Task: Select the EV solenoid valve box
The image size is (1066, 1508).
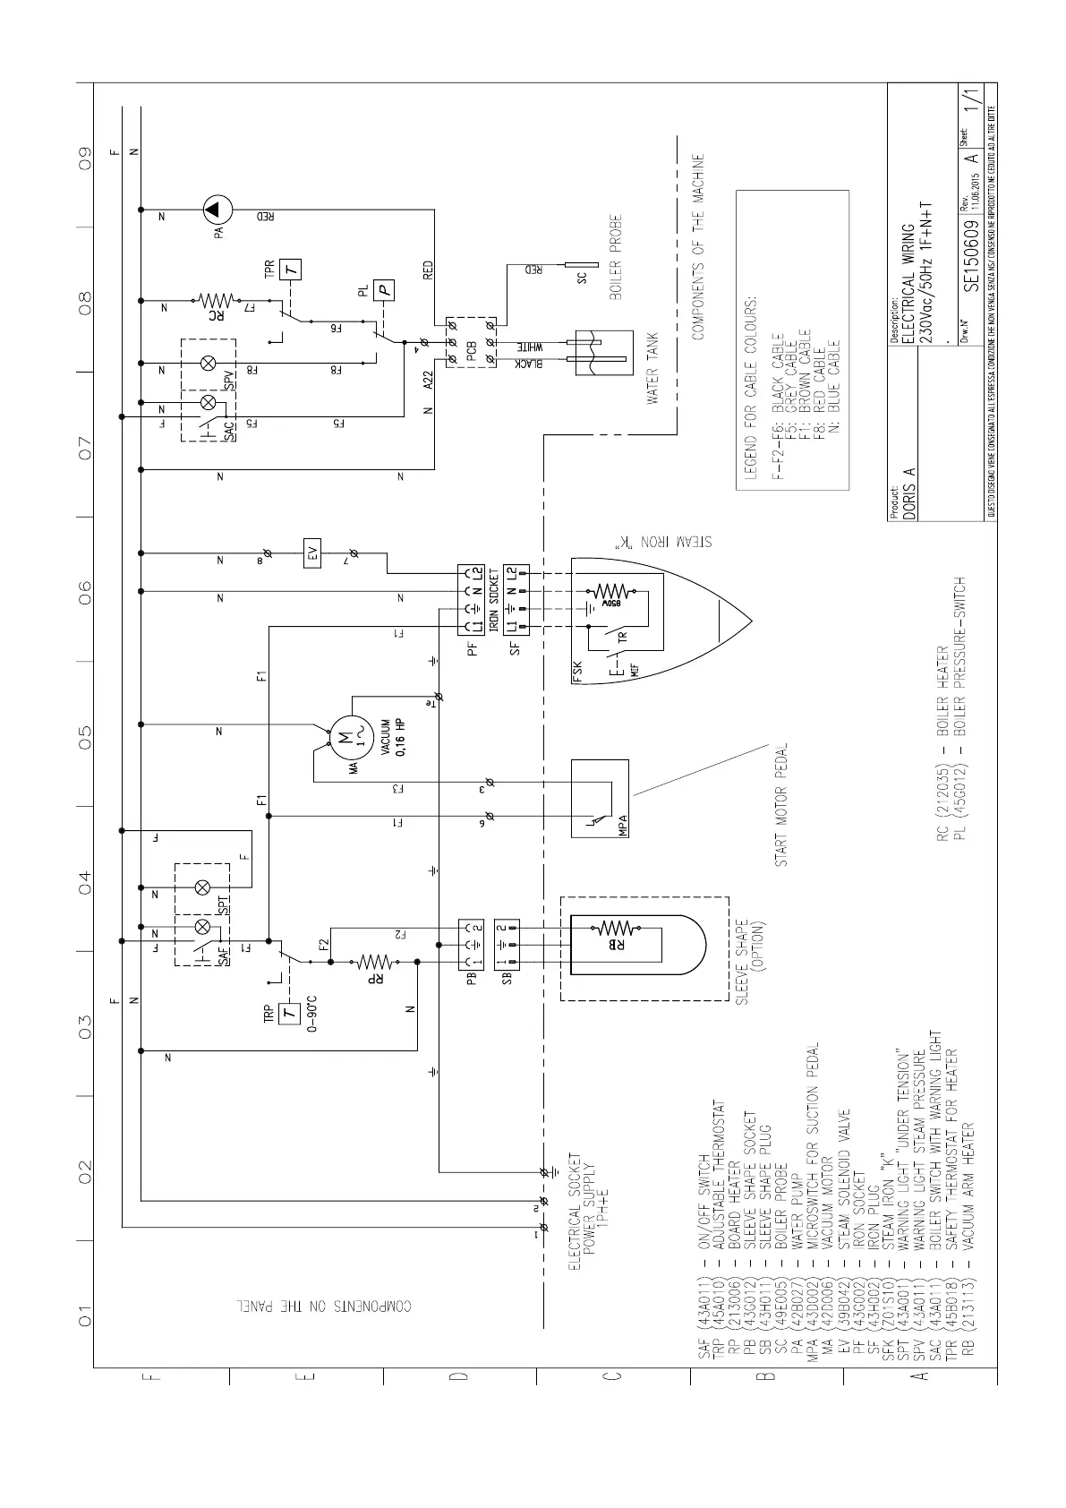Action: coord(312,555)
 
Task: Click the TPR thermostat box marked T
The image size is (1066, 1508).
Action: coord(291,269)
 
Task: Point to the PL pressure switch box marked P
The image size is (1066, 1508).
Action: coord(384,288)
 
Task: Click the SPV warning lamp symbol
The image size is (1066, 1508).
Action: coord(209,363)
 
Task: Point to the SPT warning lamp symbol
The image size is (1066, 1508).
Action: coord(202,887)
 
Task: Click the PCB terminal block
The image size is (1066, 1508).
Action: coord(473,341)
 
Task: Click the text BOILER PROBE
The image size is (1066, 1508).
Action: coord(616,257)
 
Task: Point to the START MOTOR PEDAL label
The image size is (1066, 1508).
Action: coord(781,804)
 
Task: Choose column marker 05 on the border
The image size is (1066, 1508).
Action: coord(84,736)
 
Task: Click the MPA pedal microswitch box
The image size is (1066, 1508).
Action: coord(601,798)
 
